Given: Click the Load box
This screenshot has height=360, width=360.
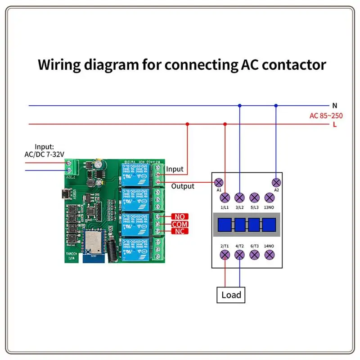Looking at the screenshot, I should tap(231, 295).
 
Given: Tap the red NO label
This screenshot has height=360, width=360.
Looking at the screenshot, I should tap(180, 217).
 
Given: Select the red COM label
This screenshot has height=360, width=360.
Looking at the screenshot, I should tap(180, 224).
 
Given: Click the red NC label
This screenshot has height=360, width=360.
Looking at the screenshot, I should tap(180, 231).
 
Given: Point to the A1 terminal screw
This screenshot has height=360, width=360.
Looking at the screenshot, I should tap(219, 182).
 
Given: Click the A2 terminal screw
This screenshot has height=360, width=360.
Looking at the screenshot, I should tap(276, 182).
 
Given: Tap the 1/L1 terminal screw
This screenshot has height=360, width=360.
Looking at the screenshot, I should tap(225, 197).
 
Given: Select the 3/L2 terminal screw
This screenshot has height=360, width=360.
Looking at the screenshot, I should tap(240, 197).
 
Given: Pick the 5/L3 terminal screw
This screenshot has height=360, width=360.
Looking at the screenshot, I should tap(255, 197).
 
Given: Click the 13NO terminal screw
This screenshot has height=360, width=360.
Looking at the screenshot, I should tap(270, 197).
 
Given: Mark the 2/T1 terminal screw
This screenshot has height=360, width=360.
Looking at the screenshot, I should tap(225, 255).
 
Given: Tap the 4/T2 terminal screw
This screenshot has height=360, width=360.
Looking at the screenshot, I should tap(240, 255).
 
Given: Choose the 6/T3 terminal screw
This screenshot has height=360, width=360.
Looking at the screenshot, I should tap(255, 255).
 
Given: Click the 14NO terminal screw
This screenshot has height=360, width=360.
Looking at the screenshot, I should tap(270, 255).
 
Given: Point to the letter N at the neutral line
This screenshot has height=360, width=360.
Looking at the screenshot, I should tap(334, 105).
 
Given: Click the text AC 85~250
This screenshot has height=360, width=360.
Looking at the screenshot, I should tap(326, 116).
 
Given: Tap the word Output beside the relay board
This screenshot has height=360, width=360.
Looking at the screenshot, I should tap(183, 186).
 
